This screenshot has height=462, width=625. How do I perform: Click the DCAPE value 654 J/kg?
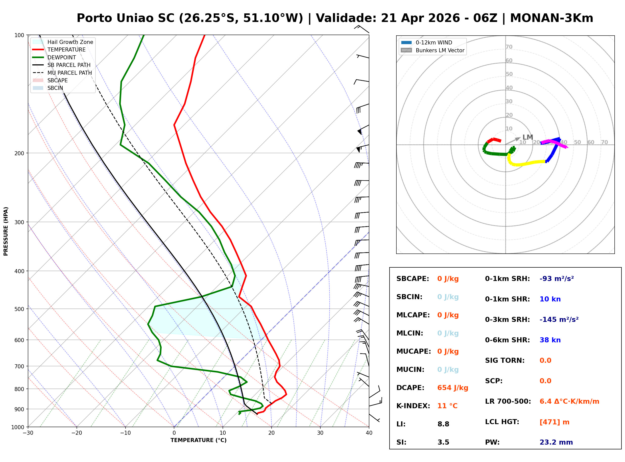[x=452, y=388]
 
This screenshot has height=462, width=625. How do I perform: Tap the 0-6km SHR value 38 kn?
[x=550, y=340]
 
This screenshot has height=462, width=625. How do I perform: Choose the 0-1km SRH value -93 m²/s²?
[x=557, y=279]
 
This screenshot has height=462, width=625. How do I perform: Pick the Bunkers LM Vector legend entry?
[x=440, y=50]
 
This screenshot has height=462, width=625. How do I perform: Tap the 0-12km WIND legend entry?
[x=434, y=42]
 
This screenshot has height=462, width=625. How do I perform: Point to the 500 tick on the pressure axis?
[x=19, y=309]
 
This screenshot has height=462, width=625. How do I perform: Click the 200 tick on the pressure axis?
[x=19, y=153]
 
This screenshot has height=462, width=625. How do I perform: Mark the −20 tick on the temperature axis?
[x=76, y=433]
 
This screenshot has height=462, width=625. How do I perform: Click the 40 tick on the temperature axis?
[x=369, y=433]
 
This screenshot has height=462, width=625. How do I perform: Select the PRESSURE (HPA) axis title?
[x=6, y=231]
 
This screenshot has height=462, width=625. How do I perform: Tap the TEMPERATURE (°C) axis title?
[x=198, y=441]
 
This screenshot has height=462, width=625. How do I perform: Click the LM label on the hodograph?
[x=527, y=137]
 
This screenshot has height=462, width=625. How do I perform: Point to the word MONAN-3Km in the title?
[x=551, y=18]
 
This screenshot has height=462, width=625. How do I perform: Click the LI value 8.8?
[x=443, y=424]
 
